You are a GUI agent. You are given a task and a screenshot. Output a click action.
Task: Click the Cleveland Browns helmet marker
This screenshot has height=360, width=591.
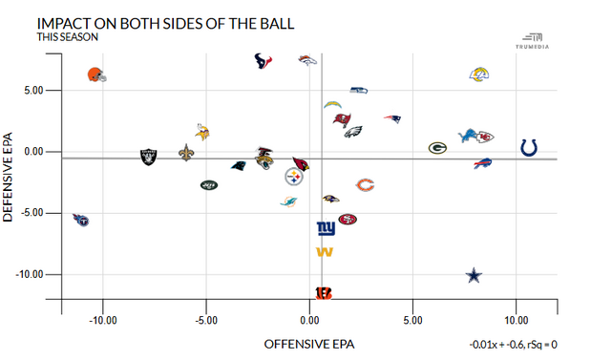coord(95,74)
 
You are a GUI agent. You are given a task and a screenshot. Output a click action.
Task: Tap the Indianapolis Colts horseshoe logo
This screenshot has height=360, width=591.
coord(529,147)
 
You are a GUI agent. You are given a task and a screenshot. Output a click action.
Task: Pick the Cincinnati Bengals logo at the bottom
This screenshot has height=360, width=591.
coord(325,292)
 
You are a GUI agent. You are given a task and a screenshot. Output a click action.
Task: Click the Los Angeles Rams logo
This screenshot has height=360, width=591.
coord(480,74)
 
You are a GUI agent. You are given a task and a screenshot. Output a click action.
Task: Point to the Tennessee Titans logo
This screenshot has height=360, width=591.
coord(80,219)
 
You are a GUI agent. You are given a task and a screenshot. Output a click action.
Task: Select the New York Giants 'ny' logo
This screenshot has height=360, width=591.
coord(326,229)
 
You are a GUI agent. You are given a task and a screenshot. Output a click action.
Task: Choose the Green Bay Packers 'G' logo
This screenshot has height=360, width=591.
coord(437,148)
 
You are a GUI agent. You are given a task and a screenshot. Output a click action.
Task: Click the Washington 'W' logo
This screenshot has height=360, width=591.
coord(325,252)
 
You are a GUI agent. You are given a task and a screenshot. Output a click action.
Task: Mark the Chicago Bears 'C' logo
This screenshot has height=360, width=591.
coord(365,184)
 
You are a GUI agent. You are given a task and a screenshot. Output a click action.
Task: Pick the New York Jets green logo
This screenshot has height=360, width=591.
coord(209,184)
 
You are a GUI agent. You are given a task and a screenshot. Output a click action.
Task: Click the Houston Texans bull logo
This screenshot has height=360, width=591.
coord(264,61)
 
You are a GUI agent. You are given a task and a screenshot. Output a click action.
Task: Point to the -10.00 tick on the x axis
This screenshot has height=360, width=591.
coord(102,319)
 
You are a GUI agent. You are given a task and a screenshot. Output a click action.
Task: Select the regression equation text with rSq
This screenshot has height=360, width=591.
coord(513,344)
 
